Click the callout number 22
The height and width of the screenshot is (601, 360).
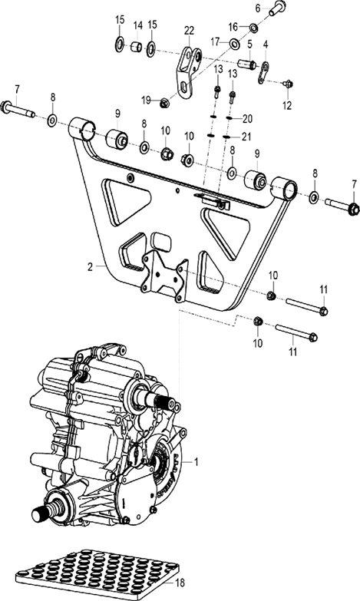189,30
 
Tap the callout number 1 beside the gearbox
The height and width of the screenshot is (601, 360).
197,462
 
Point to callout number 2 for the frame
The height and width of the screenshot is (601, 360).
90,267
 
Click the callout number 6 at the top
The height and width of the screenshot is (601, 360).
259,8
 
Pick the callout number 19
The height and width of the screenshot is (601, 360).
144,99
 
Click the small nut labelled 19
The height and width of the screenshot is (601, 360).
165,101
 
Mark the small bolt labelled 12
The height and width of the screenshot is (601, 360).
289,83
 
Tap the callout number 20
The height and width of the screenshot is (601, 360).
246,119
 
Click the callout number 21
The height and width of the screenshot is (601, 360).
246,137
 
